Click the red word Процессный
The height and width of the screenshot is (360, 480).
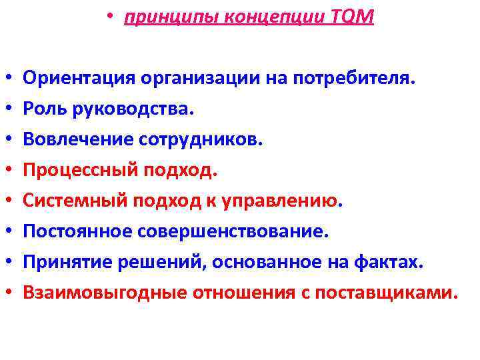[79, 171]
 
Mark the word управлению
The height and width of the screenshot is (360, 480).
[288, 201]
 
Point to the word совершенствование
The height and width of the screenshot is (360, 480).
[233, 231]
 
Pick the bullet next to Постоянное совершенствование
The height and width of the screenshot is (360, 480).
[9, 232]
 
